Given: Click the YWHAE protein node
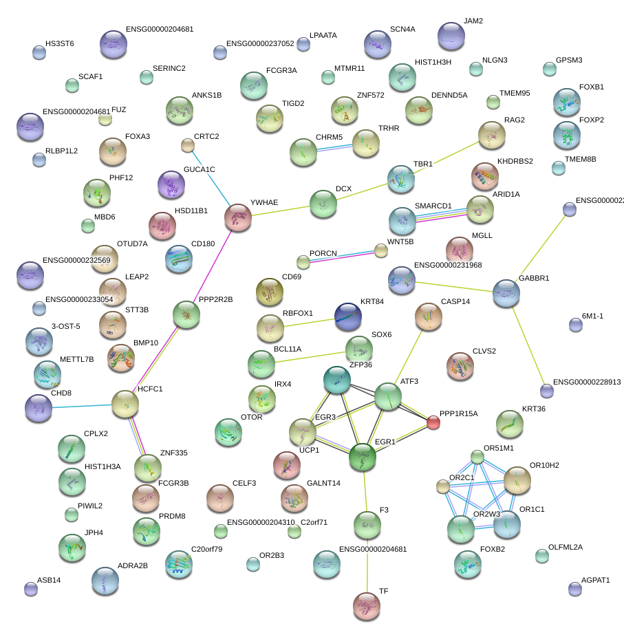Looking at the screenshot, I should click(239, 217).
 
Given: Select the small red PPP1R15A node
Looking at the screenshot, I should click(433, 422).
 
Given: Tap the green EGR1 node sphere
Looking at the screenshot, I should click(362, 457).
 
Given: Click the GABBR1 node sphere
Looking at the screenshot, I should click(506, 293).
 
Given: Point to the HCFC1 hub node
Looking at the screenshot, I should click(125, 404).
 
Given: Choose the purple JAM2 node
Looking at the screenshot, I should click(451, 36).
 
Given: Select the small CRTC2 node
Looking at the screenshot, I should click(187, 145).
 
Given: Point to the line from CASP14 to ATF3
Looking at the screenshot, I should click(409, 356).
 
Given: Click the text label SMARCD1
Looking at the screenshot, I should click(433, 206).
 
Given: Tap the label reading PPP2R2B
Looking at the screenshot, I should click(215, 299).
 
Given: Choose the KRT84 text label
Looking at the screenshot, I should click(372, 302).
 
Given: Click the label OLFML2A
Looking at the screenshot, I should click(565, 548).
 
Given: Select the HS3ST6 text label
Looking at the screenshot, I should click(59, 43).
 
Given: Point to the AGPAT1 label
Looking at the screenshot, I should click(595, 580).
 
